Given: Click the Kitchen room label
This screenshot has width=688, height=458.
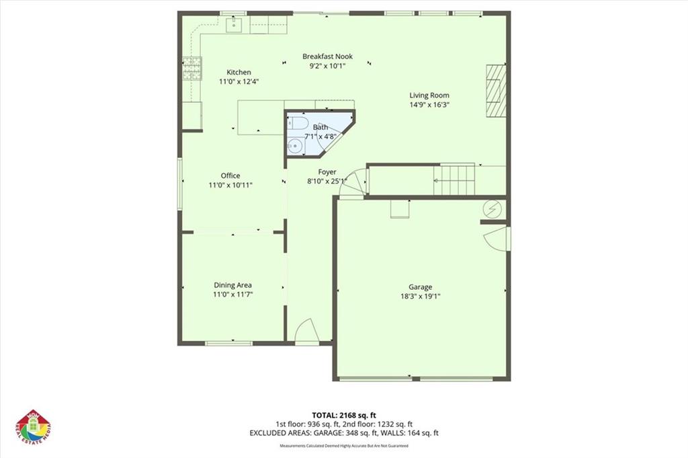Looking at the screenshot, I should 239,73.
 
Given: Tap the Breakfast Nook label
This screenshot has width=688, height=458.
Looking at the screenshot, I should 327,56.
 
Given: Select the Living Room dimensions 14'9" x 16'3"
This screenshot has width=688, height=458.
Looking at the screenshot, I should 429,105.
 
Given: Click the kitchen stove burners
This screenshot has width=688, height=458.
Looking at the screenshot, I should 192,69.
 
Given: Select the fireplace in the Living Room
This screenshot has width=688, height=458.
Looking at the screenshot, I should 496,91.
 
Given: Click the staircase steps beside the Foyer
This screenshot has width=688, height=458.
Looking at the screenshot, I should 455,180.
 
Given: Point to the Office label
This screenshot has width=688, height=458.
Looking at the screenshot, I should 230,176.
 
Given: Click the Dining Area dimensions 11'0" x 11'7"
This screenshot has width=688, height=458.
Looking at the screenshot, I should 232,295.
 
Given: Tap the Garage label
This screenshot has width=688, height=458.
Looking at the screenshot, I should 421,287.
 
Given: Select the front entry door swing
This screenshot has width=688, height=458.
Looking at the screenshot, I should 306,330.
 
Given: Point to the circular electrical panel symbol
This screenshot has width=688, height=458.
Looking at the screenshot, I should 492,210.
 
